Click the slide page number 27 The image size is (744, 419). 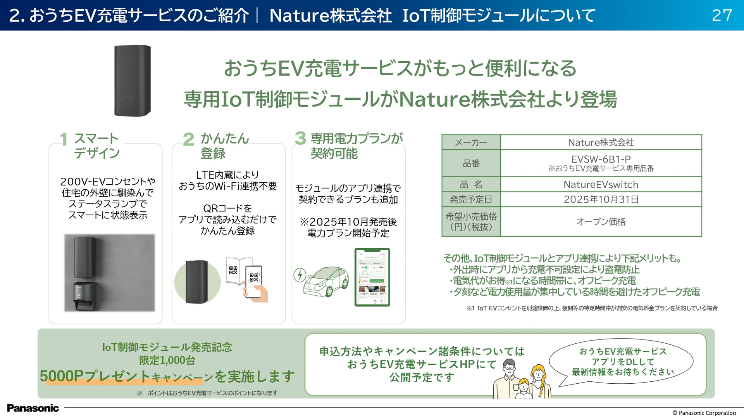click(722, 16)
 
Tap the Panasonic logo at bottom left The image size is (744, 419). click(33, 408)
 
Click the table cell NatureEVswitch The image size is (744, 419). click(601, 185)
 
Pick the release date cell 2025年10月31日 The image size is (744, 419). click(601, 199)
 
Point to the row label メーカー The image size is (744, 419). click(471, 143)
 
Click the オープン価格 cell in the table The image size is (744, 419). click(601, 222)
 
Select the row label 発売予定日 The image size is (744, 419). click(471, 199)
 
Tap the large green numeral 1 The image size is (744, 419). click(64, 139)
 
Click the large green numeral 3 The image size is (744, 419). click(300, 138)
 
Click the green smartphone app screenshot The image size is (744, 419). click(372, 277)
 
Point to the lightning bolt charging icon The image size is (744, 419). click(300, 275)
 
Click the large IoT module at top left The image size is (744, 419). click(132, 81)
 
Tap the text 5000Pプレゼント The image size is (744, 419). click(95, 376)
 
